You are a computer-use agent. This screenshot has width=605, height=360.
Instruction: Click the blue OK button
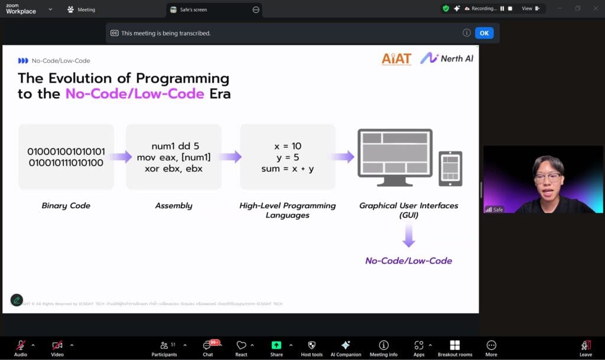tap(484, 33)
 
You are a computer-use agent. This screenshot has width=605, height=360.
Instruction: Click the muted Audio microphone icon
tap(21, 346)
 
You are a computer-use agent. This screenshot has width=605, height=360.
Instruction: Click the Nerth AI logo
tap(447, 58)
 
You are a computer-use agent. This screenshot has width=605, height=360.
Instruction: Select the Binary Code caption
tap(66, 206)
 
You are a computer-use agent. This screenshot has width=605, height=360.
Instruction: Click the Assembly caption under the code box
tap(174, 206)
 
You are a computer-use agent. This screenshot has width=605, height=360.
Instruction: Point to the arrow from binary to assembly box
tap(121, 157)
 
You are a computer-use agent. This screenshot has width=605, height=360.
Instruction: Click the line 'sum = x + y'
tap(288, 168)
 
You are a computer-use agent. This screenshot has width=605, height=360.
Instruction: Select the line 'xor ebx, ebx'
tap(174, 168)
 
